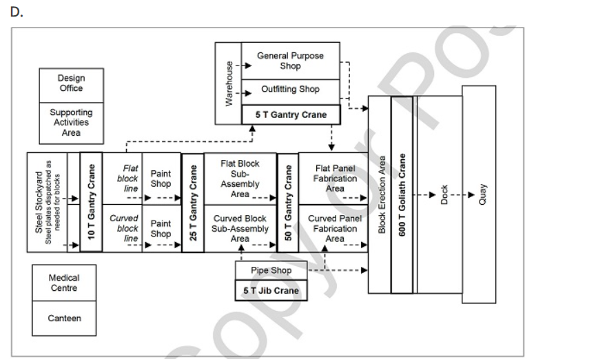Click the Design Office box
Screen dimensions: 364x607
(x=71, y=84)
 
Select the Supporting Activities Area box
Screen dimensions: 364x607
(x=71, y=122)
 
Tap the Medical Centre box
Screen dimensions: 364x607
(x=64, y=282)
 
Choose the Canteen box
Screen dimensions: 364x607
(x=64, y=318)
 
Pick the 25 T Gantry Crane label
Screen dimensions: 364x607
(x=193, y=203)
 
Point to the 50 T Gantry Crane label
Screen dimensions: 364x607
(x=287, y=203)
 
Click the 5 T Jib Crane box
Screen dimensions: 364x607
(x=270, y=291)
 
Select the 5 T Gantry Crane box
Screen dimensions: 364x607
(x=290, y=114)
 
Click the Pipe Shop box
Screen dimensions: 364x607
(x=270, y=271)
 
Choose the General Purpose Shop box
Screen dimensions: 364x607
(x=290, y=60)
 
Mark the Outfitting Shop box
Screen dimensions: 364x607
(x=290, y=90)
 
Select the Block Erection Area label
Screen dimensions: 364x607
(x=382, y=195)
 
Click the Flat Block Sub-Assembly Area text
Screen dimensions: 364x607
(x=240, y=178)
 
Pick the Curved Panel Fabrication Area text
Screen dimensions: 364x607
(x=334, y=228)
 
